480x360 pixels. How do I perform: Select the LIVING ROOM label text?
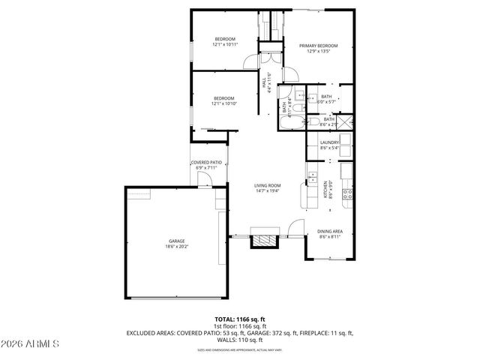click(x=267, y=185)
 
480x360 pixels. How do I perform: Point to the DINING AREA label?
click(x=330, y=231)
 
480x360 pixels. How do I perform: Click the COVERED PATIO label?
click(x=205, y=162)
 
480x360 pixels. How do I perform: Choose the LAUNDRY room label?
click(x=330, y=142)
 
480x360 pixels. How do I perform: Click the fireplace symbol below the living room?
click(x=264, y=240)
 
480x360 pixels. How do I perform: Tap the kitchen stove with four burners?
click(x=347, y=196)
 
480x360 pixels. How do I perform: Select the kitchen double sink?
click(x=310, y=178)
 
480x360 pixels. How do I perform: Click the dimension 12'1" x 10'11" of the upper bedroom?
click(x=225, y=44)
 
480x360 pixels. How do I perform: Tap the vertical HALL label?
click(x=265, y=85)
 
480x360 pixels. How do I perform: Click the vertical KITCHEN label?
click(x=325, y=189)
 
